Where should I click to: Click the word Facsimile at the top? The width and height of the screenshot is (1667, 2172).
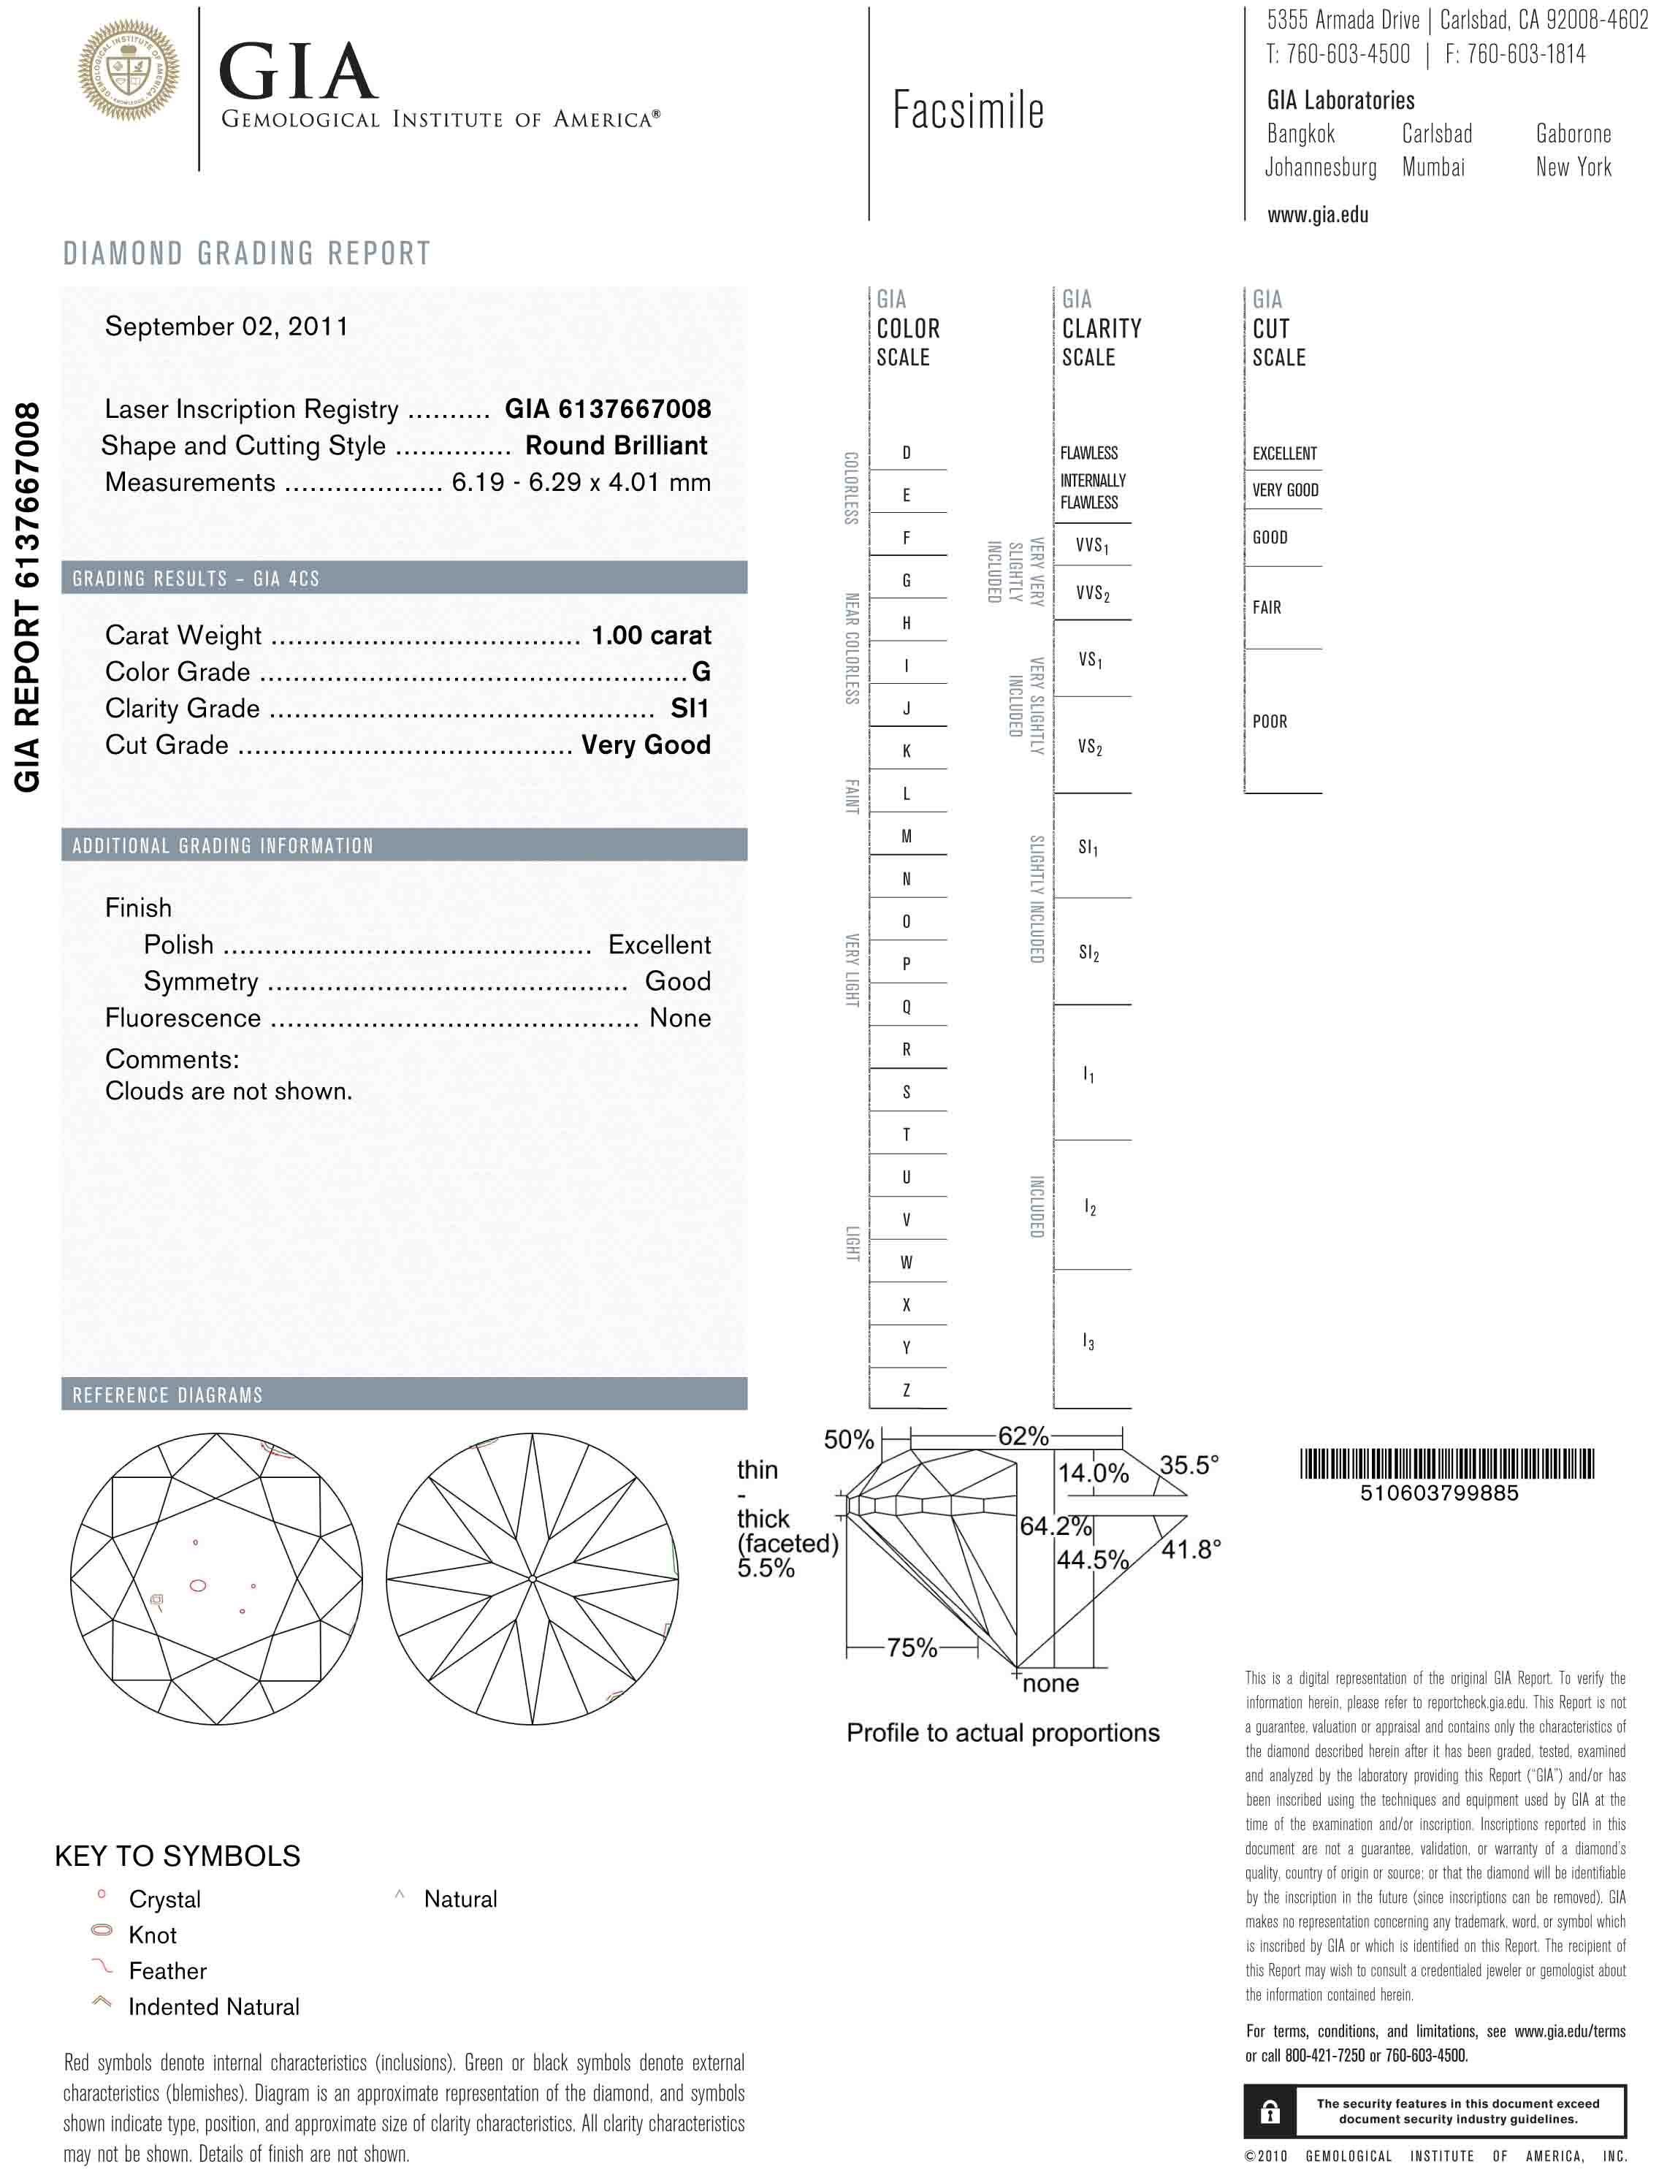pos(967,110)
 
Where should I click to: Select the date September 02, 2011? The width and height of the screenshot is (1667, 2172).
pos(226,327)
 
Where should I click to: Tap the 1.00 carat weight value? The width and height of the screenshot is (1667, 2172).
pos(651,635)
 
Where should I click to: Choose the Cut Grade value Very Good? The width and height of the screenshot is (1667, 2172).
pos(646,745)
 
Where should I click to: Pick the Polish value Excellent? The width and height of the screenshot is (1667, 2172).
pos(659,945)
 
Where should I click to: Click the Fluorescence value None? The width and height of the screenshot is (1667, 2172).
pos(679,1018)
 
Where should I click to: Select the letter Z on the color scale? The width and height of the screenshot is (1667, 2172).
pos(906,1391)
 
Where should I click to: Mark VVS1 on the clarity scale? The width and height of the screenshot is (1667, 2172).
pos(1091,545)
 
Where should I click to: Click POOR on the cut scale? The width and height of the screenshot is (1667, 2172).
pos(1269,721)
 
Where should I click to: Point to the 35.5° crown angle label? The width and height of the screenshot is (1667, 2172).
pos(1189,1465)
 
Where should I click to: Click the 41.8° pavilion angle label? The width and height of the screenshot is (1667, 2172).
pos(1191,1549)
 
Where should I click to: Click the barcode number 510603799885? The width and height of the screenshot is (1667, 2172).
pos(1439,1493)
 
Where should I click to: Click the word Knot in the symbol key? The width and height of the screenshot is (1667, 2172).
pos(153,1935)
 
